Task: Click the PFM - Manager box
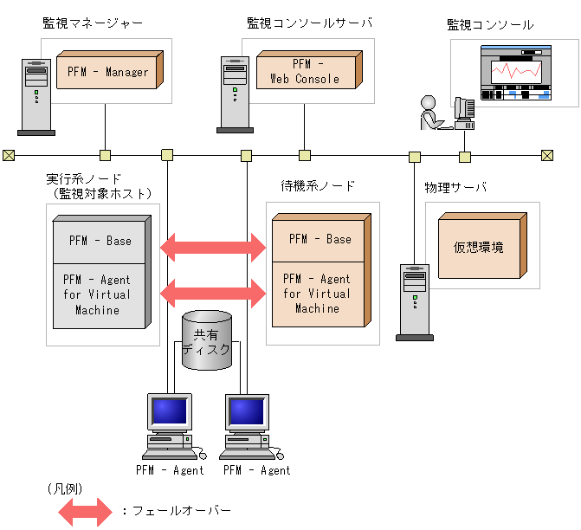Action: pyautogui.click(x=108, y=71)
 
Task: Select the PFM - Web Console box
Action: pyautogui.click(x=309, y=71)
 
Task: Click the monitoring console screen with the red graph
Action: pyautogui.click(x=517, y=75)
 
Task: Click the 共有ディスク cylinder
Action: pyautogui.click(x=207, y=341)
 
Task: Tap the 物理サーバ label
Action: pyautogui.click(x=455, y=187)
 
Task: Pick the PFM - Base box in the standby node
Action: pyautogui.click(x=320, y=238)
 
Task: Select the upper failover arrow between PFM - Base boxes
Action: pyautogui.click(x=214, y=247)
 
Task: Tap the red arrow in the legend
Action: pyautogui.click(x=85, y=511)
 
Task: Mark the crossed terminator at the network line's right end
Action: pyautogui.click(x=546, y=156)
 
